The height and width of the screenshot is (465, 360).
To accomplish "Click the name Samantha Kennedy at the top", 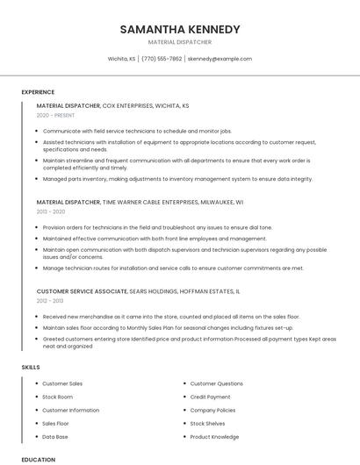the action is (180, 29).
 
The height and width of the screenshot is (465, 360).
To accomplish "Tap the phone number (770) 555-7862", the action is (162, 59).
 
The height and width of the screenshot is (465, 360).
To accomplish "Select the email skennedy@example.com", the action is (220, 59).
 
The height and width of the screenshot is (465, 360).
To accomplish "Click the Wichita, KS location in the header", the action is (121, 59).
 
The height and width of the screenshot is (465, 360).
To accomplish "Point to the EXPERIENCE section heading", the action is (38, 91).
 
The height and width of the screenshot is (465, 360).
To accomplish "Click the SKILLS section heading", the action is (31, 366).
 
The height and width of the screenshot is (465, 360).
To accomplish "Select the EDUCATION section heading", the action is (38, 459).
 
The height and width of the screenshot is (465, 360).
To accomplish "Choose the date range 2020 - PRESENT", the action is (55, 115).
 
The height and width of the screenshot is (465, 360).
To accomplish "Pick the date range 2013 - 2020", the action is (51, 211).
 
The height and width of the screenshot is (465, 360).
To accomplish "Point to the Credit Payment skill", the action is (211, 397).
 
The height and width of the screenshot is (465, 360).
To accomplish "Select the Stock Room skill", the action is (58, 397).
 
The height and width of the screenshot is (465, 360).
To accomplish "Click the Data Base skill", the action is (55, 436).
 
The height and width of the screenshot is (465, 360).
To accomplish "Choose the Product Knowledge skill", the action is (214, 436).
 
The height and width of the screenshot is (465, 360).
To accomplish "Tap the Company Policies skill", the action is (212, 410).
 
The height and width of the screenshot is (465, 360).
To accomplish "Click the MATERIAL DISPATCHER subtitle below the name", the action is (180, 41).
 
